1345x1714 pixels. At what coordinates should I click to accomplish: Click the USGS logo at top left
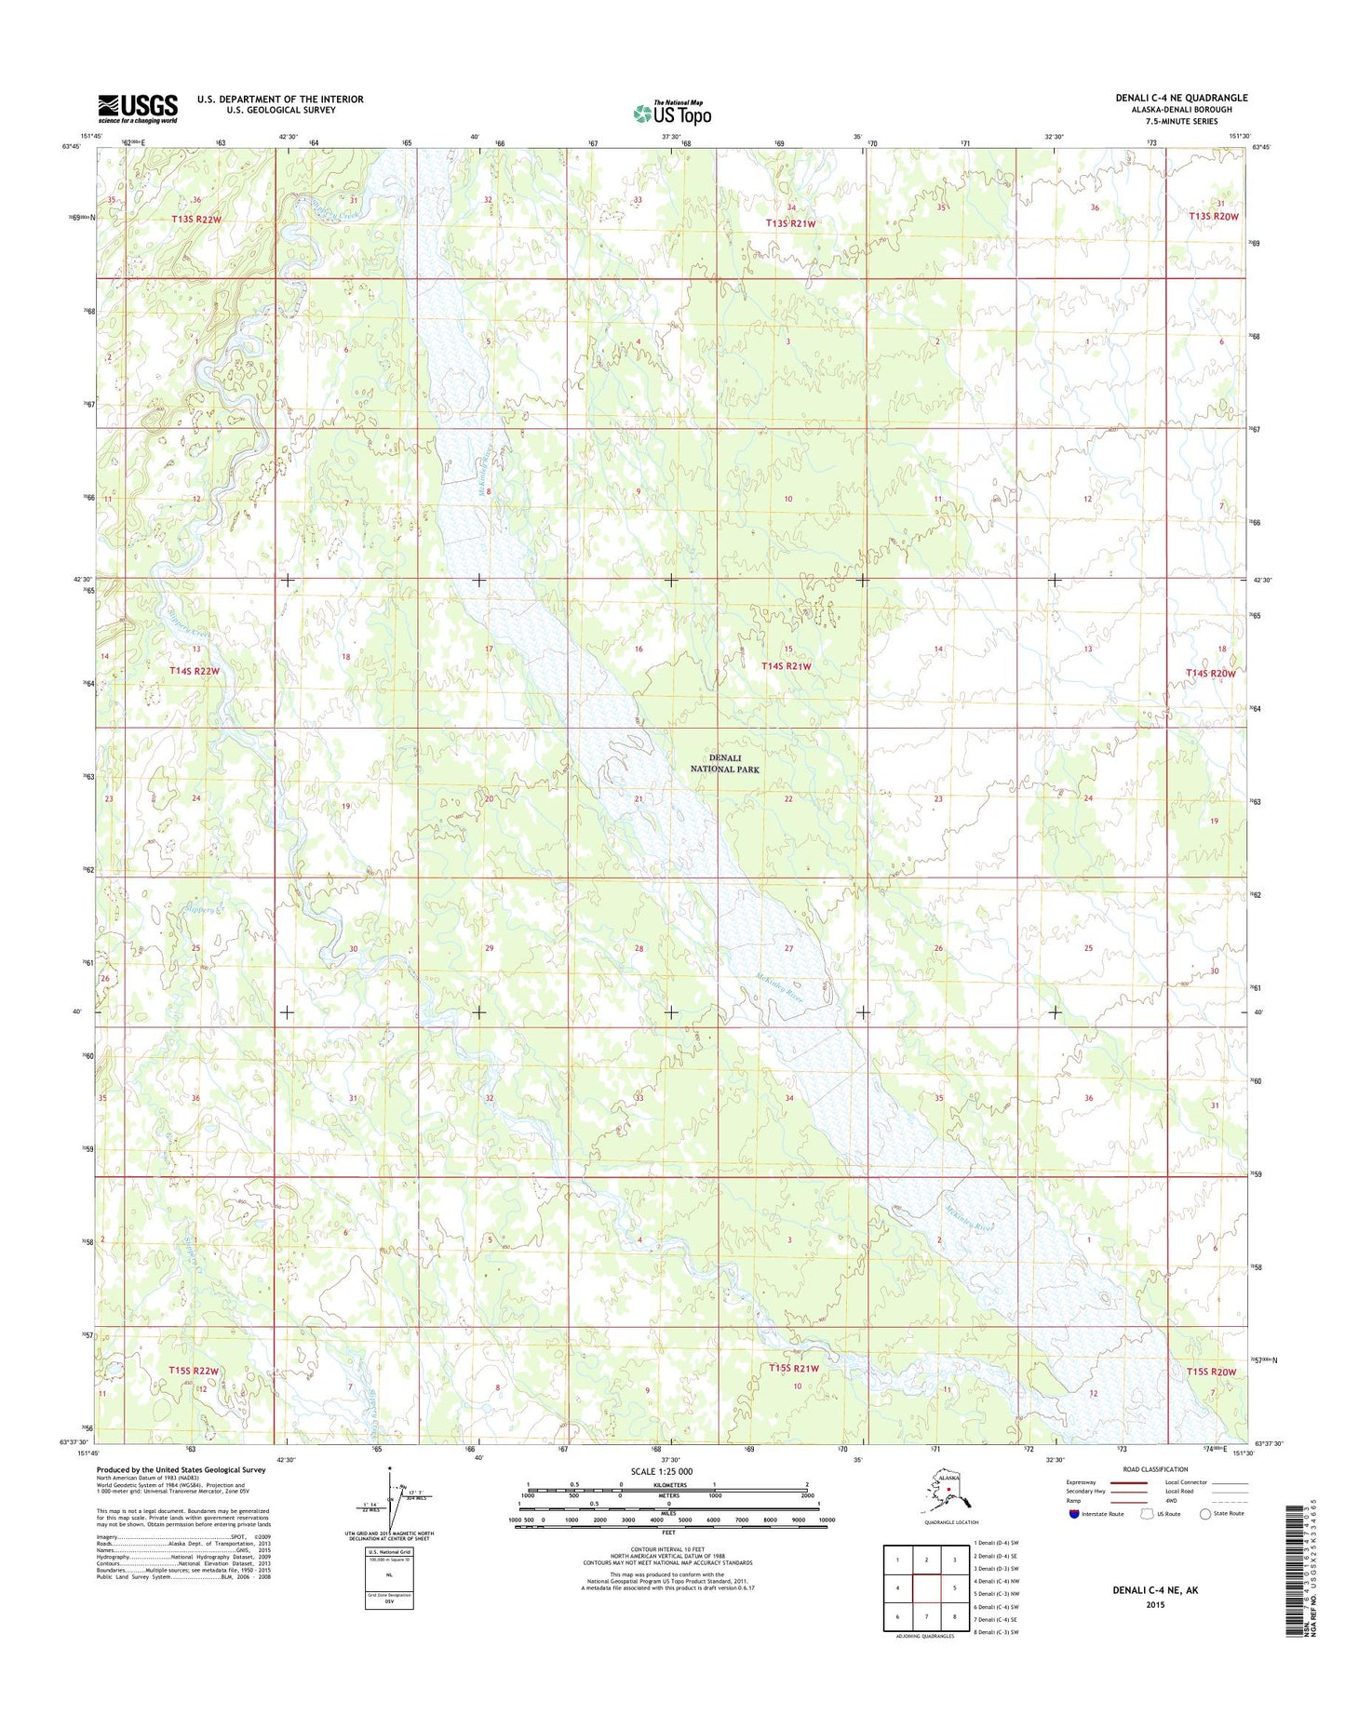[138, 108]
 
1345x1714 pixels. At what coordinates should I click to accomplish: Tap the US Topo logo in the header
[672, 113]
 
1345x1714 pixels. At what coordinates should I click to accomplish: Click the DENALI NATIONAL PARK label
[725, 763]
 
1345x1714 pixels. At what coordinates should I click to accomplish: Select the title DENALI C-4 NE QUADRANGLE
[1181, 98]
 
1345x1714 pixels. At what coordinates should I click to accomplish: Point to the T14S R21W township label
[787, 666]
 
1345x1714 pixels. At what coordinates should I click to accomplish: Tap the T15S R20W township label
[1212, 1372]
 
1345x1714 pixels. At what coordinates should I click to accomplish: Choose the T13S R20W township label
[1214, 216]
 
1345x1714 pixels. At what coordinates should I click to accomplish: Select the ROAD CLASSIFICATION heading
[1154, 1469]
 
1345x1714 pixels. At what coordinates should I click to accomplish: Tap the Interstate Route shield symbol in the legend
[1075, 1514]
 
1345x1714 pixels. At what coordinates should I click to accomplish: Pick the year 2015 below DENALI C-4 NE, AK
[1154, 1605]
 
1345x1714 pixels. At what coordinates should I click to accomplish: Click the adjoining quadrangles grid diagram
[926, 1587]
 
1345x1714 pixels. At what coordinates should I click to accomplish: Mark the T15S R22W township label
[194, 1371]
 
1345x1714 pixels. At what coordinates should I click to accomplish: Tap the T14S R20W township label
[1210, 673]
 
